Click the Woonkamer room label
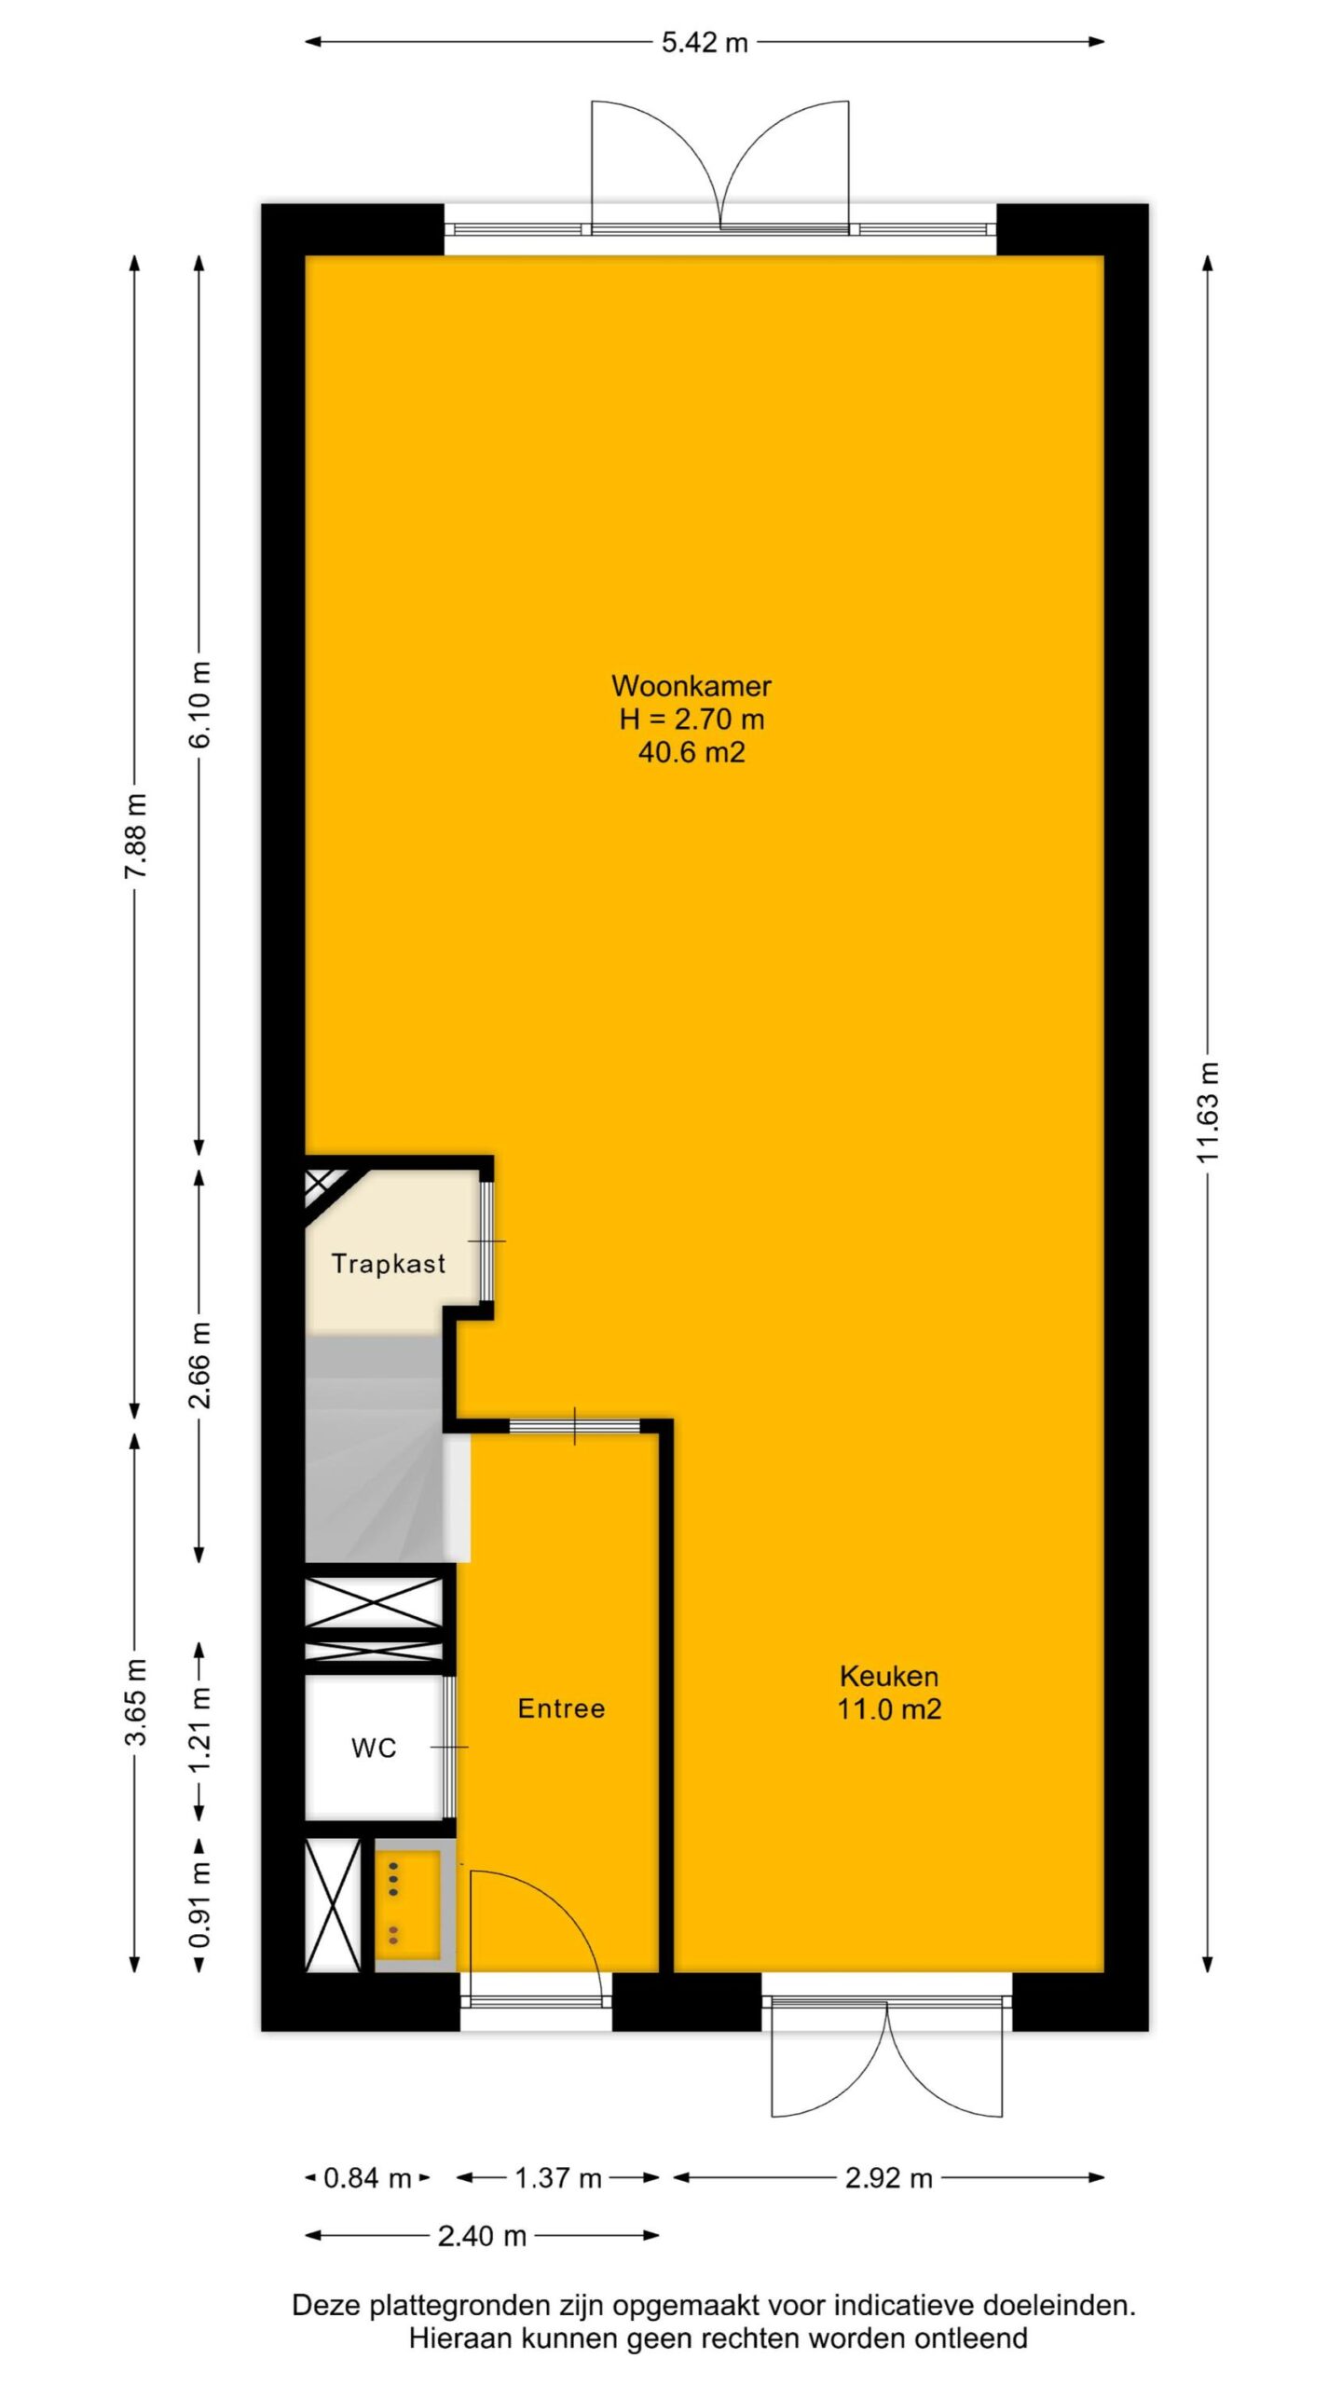pyautogui.click(x=691, y=686)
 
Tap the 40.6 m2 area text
pyautogui.click(x=692, y=752)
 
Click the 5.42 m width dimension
pyautogui.click(x=705, y=43)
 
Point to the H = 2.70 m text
pyautogui.click(x=692, y=720)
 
